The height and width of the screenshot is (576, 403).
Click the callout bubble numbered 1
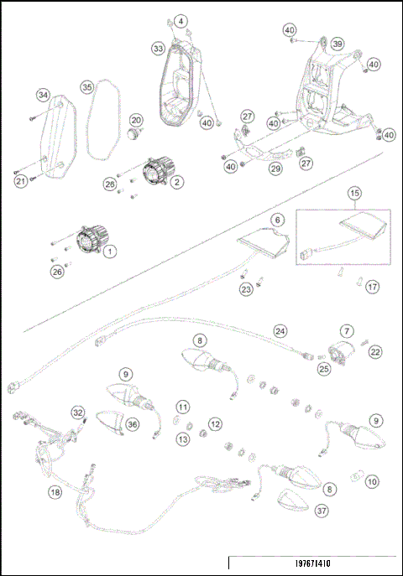coord(111,252)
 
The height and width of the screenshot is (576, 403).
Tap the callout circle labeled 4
coord(181,20)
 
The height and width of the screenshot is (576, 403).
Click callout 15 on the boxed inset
coord(355,193)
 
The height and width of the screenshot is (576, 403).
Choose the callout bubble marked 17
coord(372,286)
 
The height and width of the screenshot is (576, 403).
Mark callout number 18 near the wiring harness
coord(55,494)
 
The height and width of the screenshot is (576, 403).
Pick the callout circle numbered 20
coord(135,121)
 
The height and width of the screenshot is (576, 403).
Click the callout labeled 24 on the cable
coord(280,330)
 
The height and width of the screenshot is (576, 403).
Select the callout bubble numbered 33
coord(158,49)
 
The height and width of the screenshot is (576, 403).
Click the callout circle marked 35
coord(86,86)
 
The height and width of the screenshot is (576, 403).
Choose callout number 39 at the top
coord(337,44)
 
